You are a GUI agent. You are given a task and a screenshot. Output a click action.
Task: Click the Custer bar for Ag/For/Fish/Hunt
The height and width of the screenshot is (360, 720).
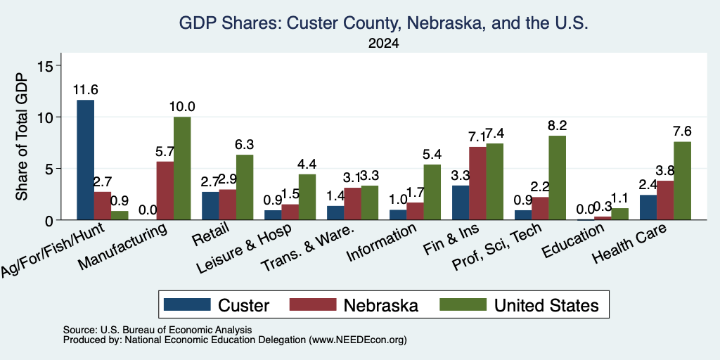[x=85, y=160]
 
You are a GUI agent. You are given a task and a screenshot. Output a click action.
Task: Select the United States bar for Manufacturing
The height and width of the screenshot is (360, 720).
[x=182, y=169]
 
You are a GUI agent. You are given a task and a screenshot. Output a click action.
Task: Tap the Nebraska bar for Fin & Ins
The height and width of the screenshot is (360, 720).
[x=477, y=184]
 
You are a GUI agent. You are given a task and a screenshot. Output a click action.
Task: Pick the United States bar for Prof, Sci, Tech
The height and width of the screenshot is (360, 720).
[x=558, y=178]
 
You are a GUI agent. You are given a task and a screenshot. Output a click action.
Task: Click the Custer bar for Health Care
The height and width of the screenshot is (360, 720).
[x=648, y=207]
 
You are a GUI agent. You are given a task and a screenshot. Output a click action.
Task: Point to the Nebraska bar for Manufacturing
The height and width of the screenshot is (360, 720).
[x=165, y=191]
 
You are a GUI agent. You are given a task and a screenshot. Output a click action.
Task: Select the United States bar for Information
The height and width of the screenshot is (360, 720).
[x=432, y=192]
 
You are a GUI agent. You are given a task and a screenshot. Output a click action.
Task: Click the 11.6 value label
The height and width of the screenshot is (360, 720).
[x=86, y=89]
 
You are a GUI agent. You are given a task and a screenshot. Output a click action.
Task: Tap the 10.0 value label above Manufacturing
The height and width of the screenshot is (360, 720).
[x=182, y=107]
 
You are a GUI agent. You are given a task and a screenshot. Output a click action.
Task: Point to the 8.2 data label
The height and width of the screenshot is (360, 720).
[x=558, y=125]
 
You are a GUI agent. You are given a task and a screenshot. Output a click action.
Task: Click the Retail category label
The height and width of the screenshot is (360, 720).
[x=210, y=233]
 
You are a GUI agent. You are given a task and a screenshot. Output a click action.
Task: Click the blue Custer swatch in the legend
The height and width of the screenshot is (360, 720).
[x=187, y=304]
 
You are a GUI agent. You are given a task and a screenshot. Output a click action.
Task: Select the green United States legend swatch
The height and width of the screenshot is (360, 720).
[x=463, y=304]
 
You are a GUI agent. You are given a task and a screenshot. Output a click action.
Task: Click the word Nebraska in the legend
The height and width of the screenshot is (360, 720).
[x=380, y=305]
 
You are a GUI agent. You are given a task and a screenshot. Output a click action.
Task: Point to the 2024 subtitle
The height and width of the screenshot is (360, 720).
[x=383, y=44]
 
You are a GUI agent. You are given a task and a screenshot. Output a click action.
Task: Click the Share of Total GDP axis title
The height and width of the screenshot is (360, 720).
[x=22, y=136]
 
